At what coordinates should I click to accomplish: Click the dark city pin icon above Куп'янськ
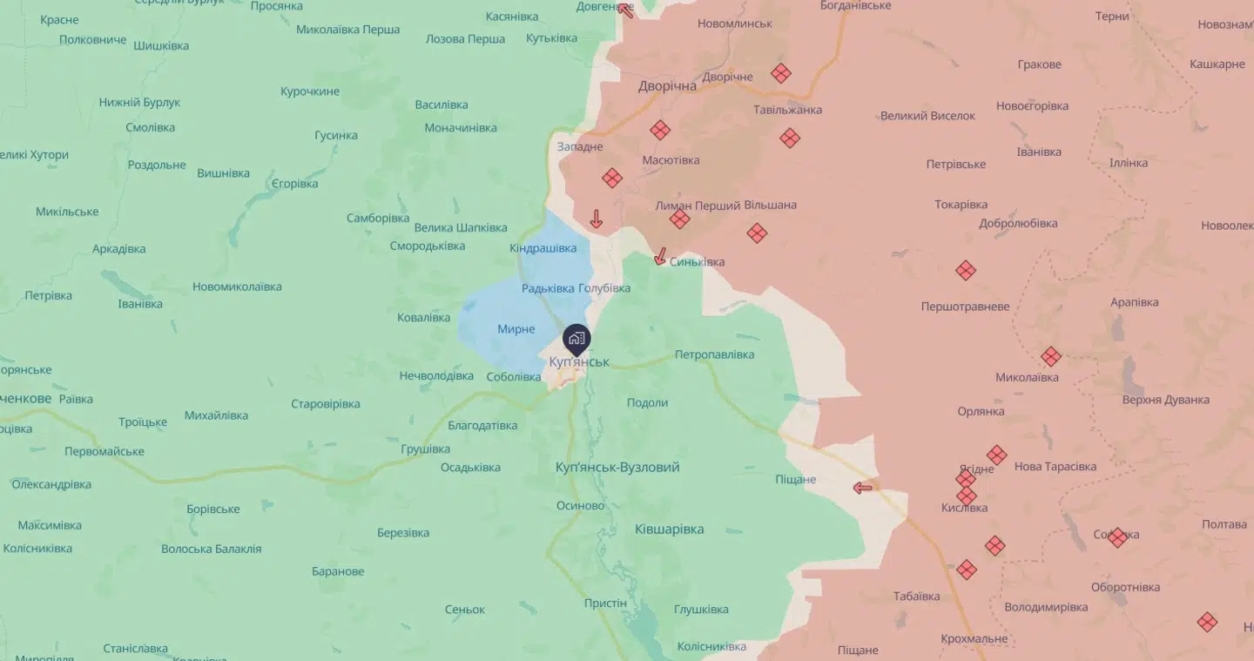[576, 339]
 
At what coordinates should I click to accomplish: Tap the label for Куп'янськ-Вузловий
[617, 468]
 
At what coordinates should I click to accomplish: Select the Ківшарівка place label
[669, 529]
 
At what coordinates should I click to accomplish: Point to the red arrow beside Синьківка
[660, 256]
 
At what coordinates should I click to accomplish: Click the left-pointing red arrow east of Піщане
[863, 488]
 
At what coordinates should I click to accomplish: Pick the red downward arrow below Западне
[597, 219]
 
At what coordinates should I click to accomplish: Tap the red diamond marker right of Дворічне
[781, 73]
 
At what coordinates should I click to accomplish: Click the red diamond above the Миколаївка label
[1051, 356]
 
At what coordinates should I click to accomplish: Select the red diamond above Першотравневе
[965, 270]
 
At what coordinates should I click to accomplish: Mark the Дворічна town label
[667, 86]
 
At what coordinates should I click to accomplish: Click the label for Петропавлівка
[714, 354]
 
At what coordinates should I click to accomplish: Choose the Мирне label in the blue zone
[516, 329]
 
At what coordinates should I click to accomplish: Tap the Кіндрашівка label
[543, 248]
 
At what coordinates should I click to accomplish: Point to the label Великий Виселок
[927, 116]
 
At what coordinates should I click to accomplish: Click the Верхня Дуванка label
[1166, 400]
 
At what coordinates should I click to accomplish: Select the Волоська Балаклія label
[211, 550]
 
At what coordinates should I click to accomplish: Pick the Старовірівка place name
[325, 404]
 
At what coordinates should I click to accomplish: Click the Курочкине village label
[309, 91]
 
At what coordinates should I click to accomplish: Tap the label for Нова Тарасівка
[1055, 467]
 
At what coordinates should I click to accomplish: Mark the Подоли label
[647, 402]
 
